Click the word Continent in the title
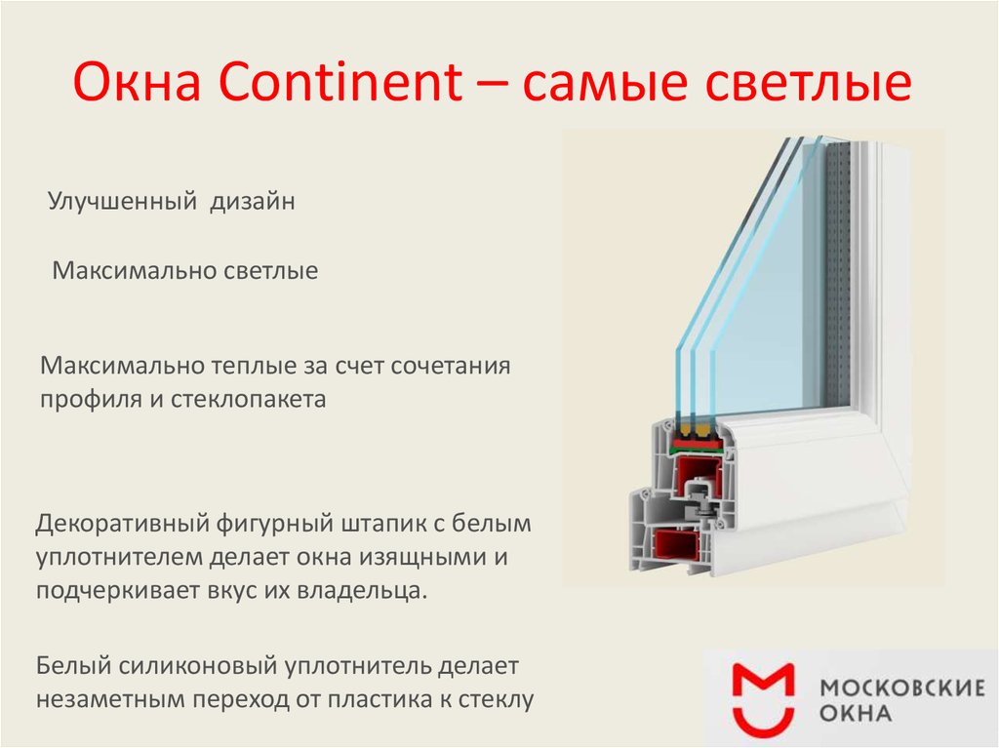pyautogui.click(x=340, y=82)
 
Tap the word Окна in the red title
pyautogui.click(x=137, y=82)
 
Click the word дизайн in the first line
pyautogui.click(x=253, y=201)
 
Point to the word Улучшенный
pyautogui.click(x=122, y=201)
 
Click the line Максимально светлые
pyautogui.click(x=184, y=270)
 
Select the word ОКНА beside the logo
pyautogui.click(x=856, y=712)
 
